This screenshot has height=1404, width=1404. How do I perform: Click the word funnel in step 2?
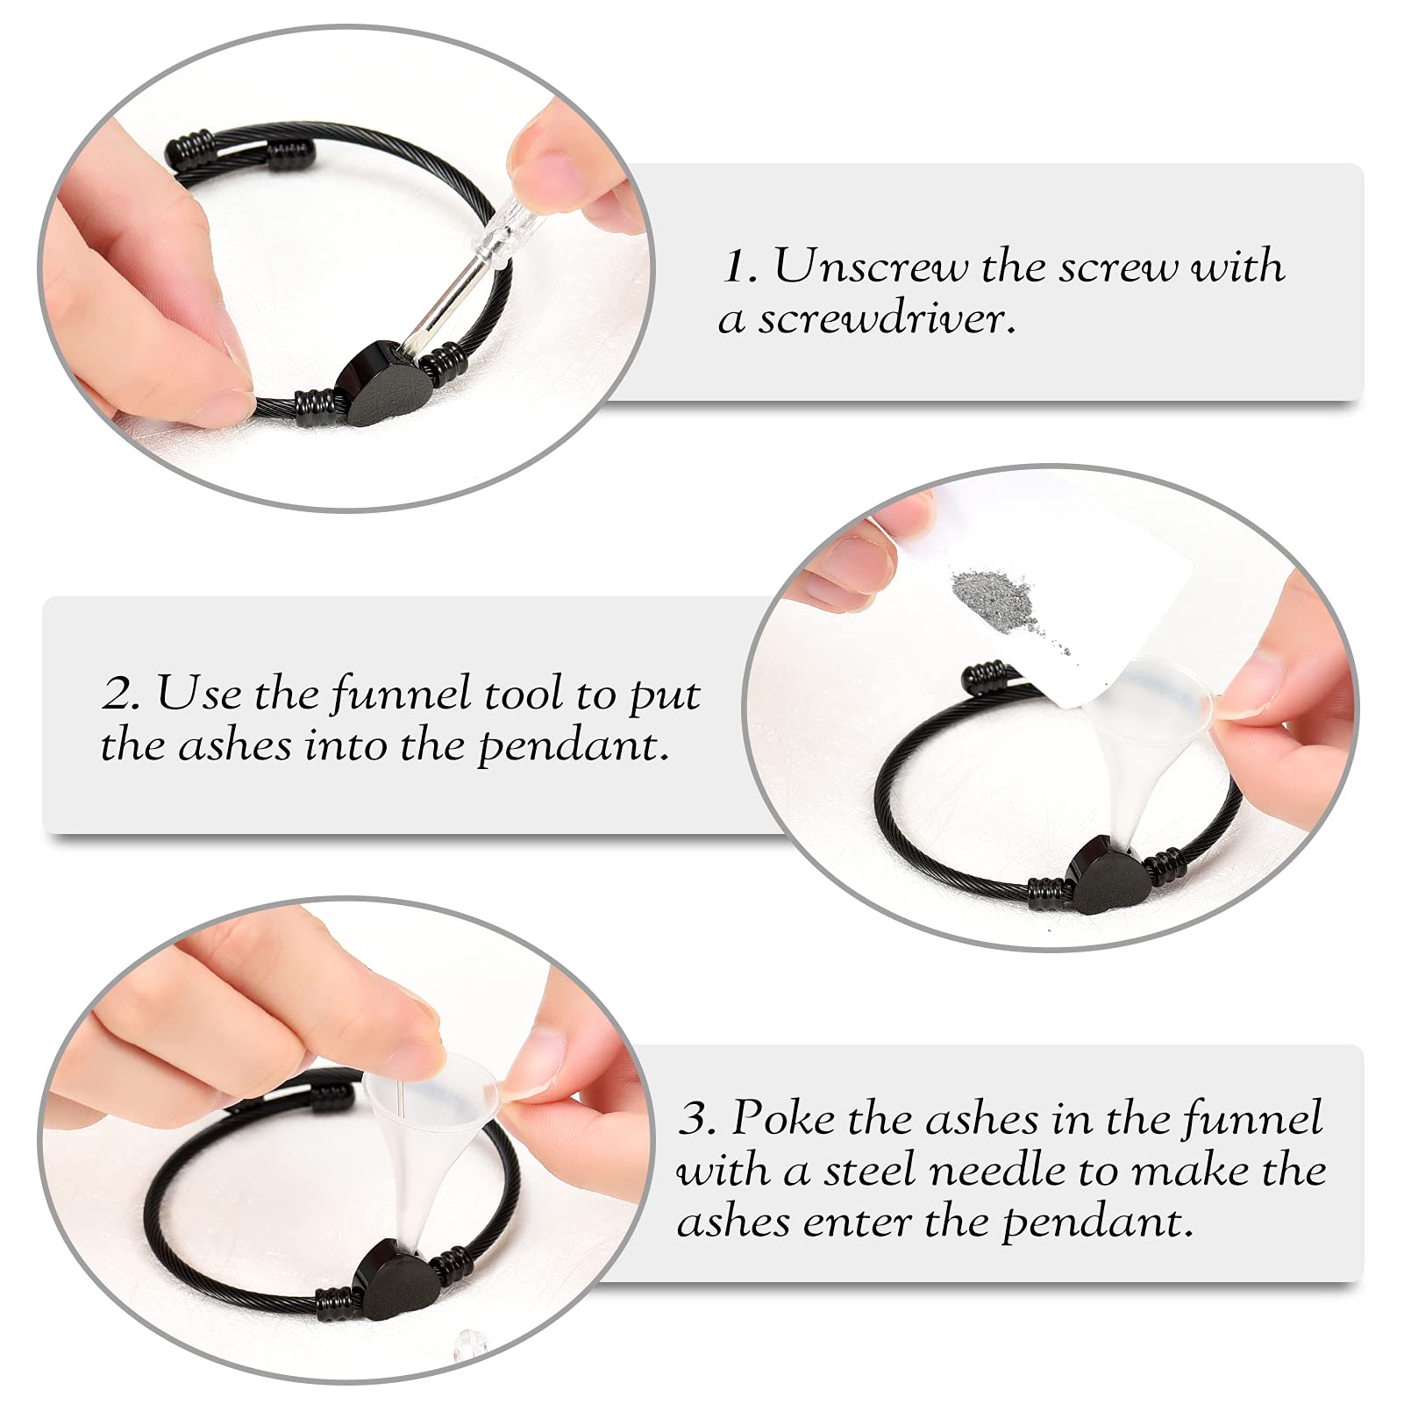tap(403, 694)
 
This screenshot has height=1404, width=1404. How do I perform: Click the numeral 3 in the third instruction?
tap(696, 1119)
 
